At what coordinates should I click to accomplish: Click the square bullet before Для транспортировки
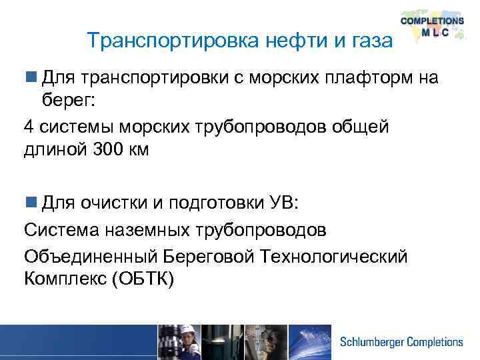coord(31,79)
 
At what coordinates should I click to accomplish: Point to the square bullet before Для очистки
coord(31,201)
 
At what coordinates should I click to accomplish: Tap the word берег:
coord(72,101)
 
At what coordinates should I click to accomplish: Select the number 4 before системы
coord(29,126)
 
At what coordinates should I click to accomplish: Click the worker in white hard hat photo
coord(179,341)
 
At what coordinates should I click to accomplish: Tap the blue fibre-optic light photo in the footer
coord(311,341)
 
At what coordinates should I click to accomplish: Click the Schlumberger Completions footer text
coord(401,342)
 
